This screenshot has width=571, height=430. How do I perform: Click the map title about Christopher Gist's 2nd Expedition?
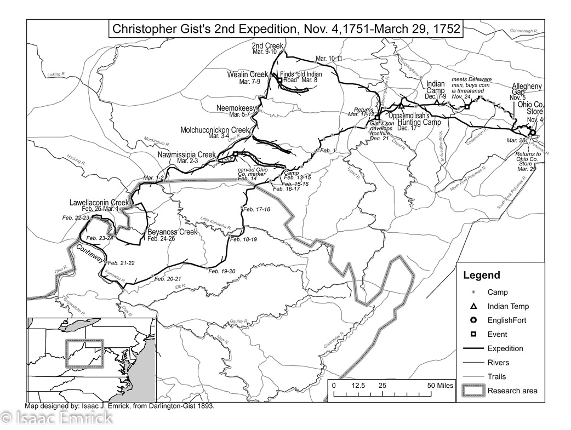click(x=285, y=28)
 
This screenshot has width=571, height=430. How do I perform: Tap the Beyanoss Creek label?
click(x=172, y=232)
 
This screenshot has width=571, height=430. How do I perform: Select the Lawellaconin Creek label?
click(x=99, y=203)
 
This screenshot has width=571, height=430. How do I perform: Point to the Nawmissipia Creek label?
click(x=186, y=155)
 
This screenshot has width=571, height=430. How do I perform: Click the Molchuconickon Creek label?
click(x=214, y=130)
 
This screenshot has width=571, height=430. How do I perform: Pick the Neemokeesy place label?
click(x=236, y=108)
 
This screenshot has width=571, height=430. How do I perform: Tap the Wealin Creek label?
click(x=248, y=74)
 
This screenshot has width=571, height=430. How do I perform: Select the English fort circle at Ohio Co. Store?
click(x=533, y=133)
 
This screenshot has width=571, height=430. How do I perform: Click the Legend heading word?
click(x=481, y=276)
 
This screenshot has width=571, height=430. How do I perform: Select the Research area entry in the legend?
click(x=512, y=391)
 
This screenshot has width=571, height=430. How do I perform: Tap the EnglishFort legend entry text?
click(x=506, y=320)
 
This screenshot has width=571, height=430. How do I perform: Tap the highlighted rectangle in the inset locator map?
click(x=84, y=354)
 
